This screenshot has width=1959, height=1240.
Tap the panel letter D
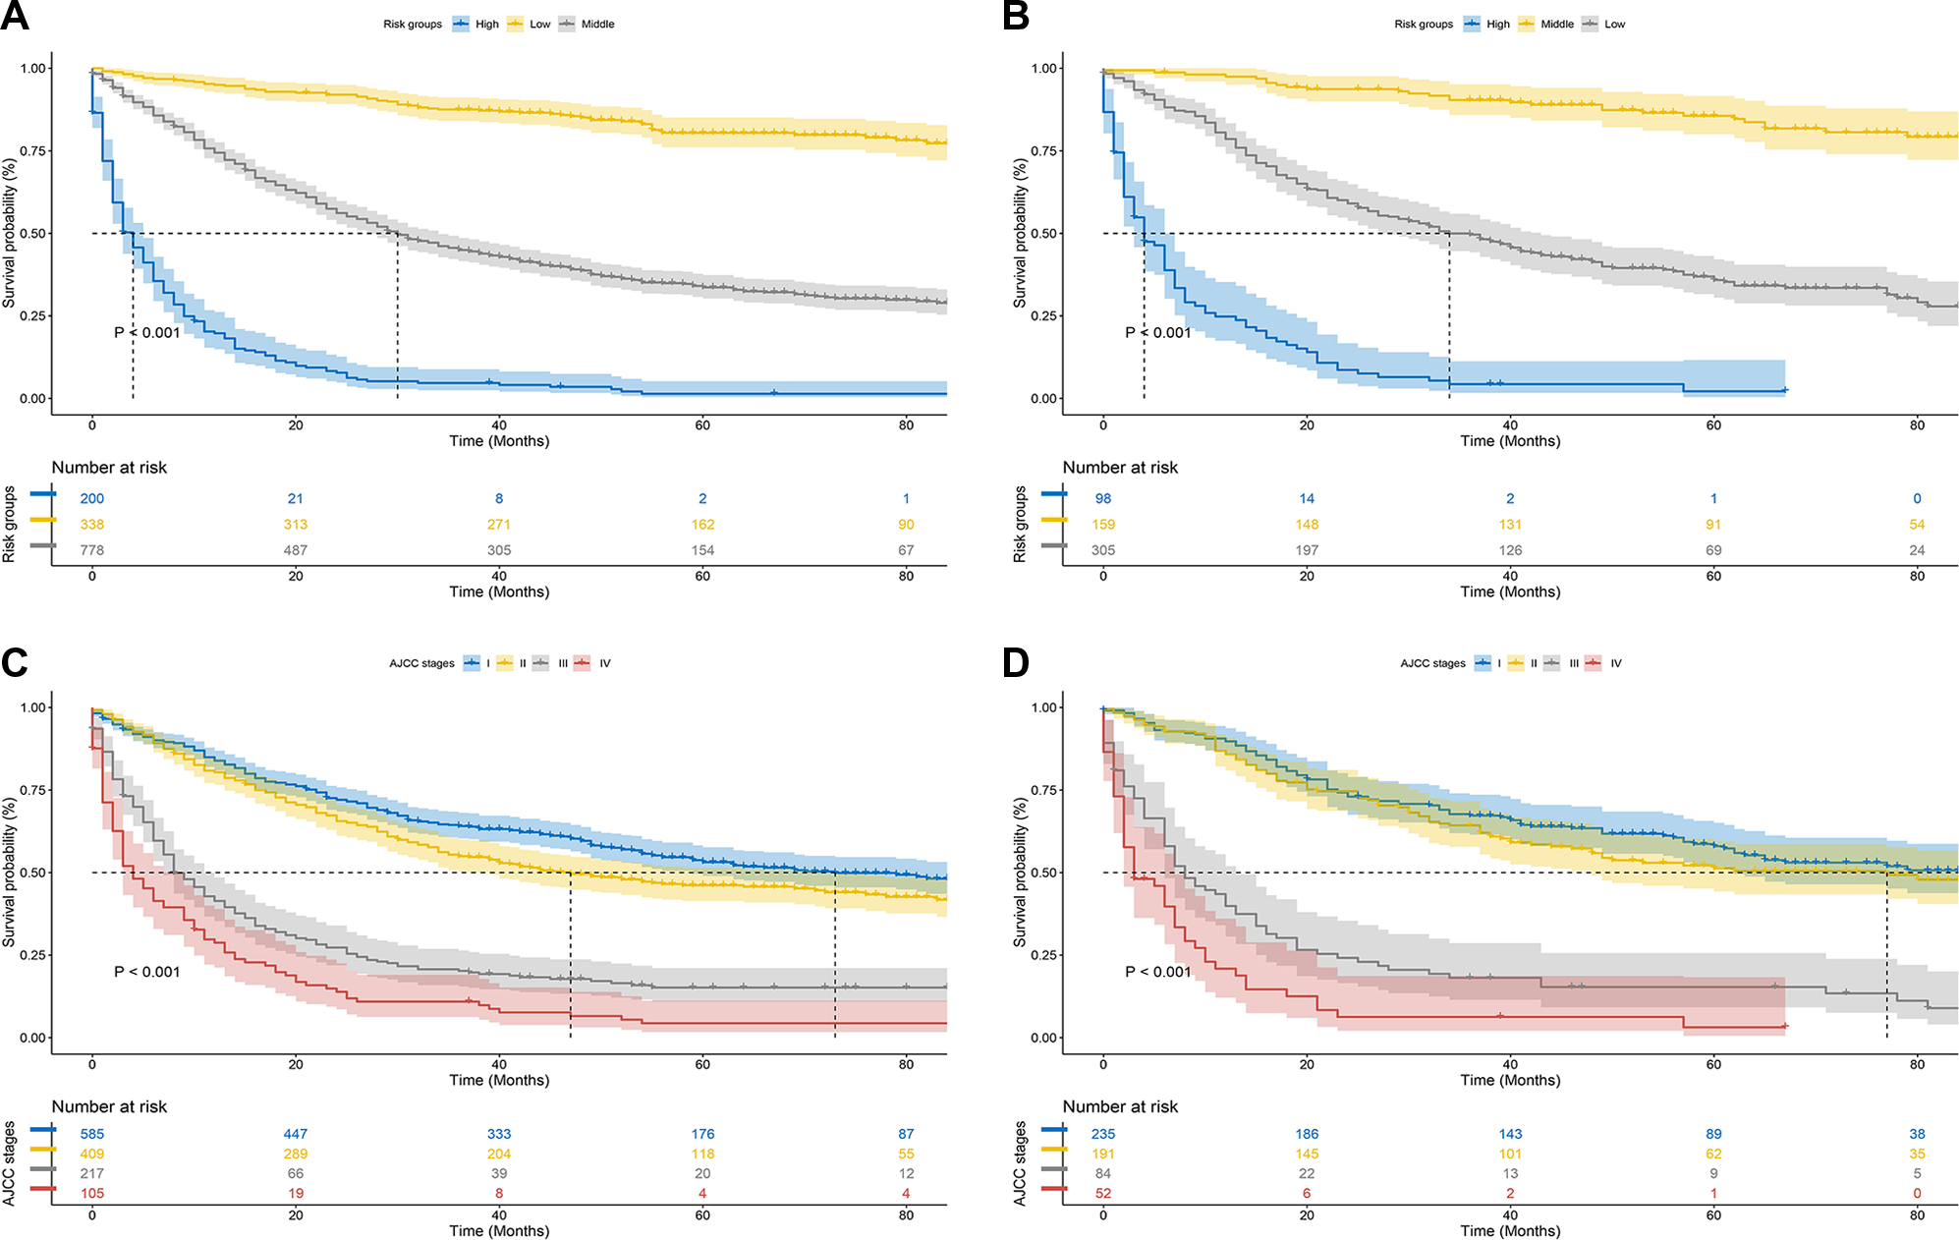[x=1016, y=662]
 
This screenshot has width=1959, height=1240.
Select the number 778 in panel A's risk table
[x=92, y=550]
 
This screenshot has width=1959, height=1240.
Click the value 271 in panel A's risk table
[x=499, y=525]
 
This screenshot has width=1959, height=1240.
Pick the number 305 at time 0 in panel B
[x=1103, y=550]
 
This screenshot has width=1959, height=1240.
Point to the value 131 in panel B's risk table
[x=1510, y=525]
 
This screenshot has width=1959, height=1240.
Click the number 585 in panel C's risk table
[x=92, y=1134]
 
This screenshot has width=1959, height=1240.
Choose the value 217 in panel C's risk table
[x=92, y=1173]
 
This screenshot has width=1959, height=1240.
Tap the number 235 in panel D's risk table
[x=1103, y=1134]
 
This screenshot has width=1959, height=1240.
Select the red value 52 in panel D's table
[x=1103, y=1193]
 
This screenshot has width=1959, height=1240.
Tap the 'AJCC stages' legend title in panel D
[x=1432, y=663]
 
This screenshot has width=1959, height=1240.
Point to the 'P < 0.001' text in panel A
[x=147, y=333]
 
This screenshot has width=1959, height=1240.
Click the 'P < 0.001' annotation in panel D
[x=1158, y=972]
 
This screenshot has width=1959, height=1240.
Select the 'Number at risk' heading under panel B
[x=1120, y=468]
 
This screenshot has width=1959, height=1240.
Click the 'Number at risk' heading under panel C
[x=109, y=1106]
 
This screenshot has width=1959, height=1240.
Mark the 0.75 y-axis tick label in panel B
[x=1043, y=151]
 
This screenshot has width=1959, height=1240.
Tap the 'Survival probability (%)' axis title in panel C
[x=10, y=873]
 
